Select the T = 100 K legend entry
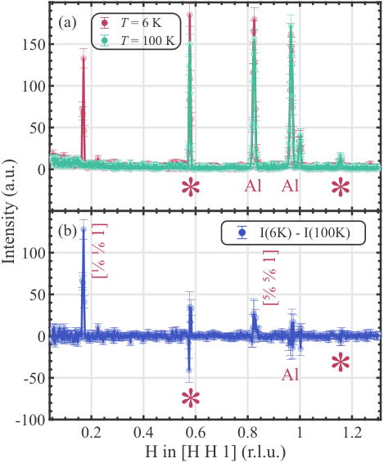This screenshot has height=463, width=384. coord(138,40)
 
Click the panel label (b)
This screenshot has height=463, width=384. coord(68,232)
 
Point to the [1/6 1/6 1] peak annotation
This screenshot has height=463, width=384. coord(100,250)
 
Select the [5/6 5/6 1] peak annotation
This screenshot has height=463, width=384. coord(270,277)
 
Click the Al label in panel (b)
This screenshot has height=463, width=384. coord(290,375)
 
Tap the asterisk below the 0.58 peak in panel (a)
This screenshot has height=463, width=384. coord(191,187)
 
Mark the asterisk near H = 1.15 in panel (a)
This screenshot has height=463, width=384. coord(341,187)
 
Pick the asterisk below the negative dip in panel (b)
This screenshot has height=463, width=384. coord(191,398)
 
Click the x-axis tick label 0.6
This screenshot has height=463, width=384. coord(196,433)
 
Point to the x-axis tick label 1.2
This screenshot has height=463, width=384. coord(351,433)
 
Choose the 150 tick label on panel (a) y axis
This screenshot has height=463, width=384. coord(34,44)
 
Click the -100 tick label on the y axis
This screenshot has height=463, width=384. coord(31,420)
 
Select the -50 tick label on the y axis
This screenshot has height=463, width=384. coord(34,378)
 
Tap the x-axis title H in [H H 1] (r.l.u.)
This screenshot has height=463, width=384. coord(215,452)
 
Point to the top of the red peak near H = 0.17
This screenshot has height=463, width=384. coord(84,58)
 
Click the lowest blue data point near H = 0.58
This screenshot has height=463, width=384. coord(189,370)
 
